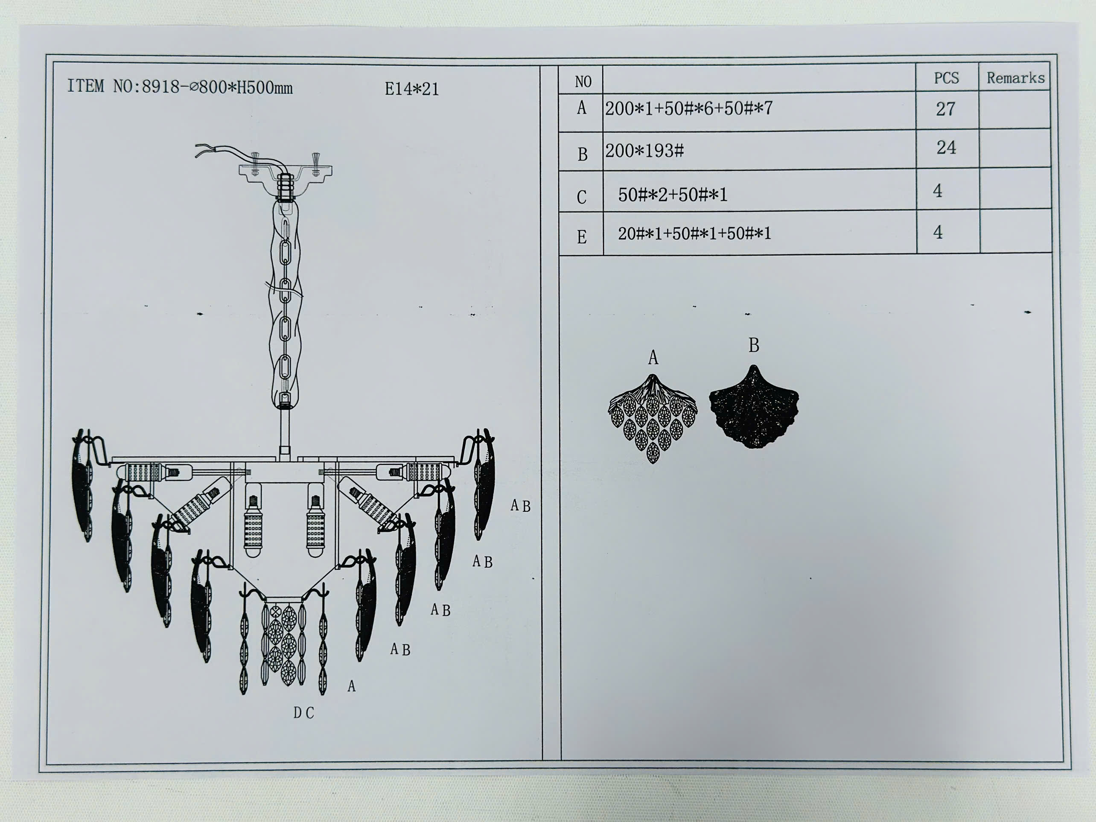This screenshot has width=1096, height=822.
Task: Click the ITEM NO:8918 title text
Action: tap(180, 87)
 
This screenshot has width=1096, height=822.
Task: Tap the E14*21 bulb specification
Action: tap(412, 89)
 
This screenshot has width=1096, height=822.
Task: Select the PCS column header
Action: tap(946, 78)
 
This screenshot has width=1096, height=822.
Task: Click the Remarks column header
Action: tap(1015, 78)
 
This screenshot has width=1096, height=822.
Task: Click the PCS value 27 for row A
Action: tap(945, 109)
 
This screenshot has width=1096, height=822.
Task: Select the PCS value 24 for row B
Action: tap(946, 148)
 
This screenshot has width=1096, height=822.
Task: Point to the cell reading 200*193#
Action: tap(644, 151)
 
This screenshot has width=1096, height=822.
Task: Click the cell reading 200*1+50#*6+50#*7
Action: tap(689, 108)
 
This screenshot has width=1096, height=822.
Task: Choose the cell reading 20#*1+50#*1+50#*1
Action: tap(694, 233)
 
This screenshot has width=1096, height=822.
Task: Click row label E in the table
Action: tap(582, 237)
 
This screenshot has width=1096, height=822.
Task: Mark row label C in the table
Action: tap(582, 197)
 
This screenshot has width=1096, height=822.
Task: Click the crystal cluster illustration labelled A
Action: tap(652, 419)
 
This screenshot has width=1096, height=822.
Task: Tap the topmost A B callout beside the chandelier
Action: tap(520, 506)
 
